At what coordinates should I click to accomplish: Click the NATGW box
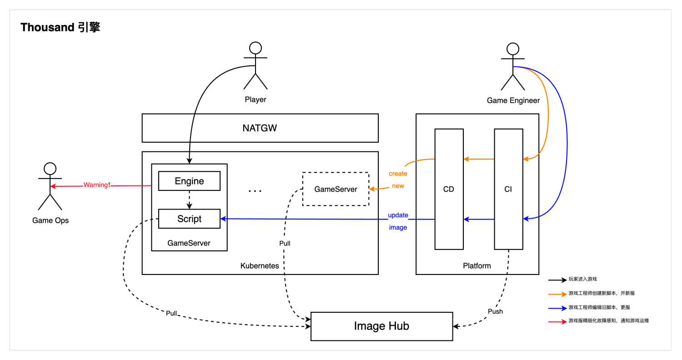[x=260, y=128]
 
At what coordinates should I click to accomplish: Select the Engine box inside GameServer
[x=189, y=181]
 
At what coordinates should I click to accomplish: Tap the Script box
[x=189, y=219]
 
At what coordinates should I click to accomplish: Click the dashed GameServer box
[x=336, y=189]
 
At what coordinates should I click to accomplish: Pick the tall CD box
[x=449, y=189]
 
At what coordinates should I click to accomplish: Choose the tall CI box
[x=508, y=189]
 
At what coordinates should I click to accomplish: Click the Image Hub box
[x=381, y=326]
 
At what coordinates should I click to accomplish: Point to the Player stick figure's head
[x=256, y=49]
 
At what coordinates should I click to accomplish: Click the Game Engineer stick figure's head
[x=513, y=49]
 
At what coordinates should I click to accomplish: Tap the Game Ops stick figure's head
[x=50, y=169]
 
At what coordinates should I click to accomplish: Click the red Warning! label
[x=96, y=185]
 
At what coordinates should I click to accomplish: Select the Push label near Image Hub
[x=496, y=311]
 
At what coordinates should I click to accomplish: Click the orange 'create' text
[x=398, y=174]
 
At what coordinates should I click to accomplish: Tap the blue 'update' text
[x=398, y=215]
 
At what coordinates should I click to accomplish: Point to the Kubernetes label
[x=260, y=265]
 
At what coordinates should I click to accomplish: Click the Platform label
[x=477, y=265]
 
